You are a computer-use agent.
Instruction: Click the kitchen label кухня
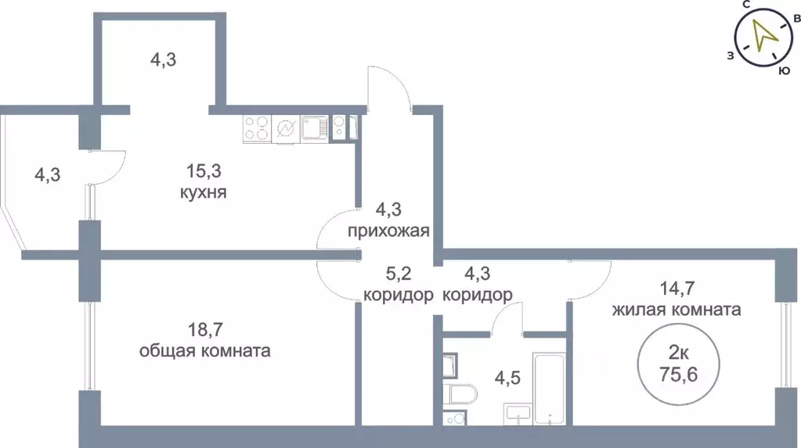click(202, 192)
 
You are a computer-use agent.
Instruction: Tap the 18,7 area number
click(204, 329)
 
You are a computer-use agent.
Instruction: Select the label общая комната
click(204, 351)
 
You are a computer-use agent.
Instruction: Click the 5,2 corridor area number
click(398, 274)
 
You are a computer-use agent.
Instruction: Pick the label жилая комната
click(677, 310)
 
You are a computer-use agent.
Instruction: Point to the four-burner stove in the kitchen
click(256, 127)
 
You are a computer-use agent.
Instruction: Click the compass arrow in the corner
click(761, 35)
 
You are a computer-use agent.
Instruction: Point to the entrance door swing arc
click(390, 86)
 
